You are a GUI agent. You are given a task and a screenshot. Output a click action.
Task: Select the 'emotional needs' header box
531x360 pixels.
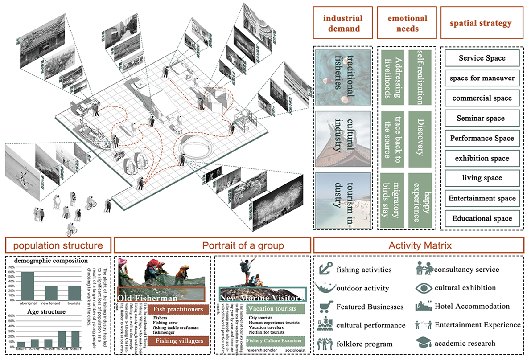pyautogui.click(x=407, y=23)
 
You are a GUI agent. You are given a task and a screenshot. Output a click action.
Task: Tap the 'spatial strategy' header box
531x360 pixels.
pyautogui.click(x=482, y=23)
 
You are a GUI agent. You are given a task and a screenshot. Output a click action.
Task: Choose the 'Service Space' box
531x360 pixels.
pyautogui.click(x=482, y=58)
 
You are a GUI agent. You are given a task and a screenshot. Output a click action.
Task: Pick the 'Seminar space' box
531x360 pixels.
pyautogui.click(x=482, y=118)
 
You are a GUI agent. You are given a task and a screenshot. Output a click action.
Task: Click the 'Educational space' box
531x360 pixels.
pyautogui.click(x=482, y=218)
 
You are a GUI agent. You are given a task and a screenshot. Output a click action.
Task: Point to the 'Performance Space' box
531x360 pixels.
pyautogui.click(x=482, y=138)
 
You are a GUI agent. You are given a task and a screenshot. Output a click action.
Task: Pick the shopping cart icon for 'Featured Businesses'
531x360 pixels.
pyautogui.click(x=326, y=306)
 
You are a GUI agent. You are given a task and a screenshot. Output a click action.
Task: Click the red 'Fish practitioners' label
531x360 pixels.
pyautogui.click(x=178, y=309)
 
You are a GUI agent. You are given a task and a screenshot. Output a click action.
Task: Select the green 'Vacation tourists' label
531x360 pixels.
pyautogui.click(x=272, y=309)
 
